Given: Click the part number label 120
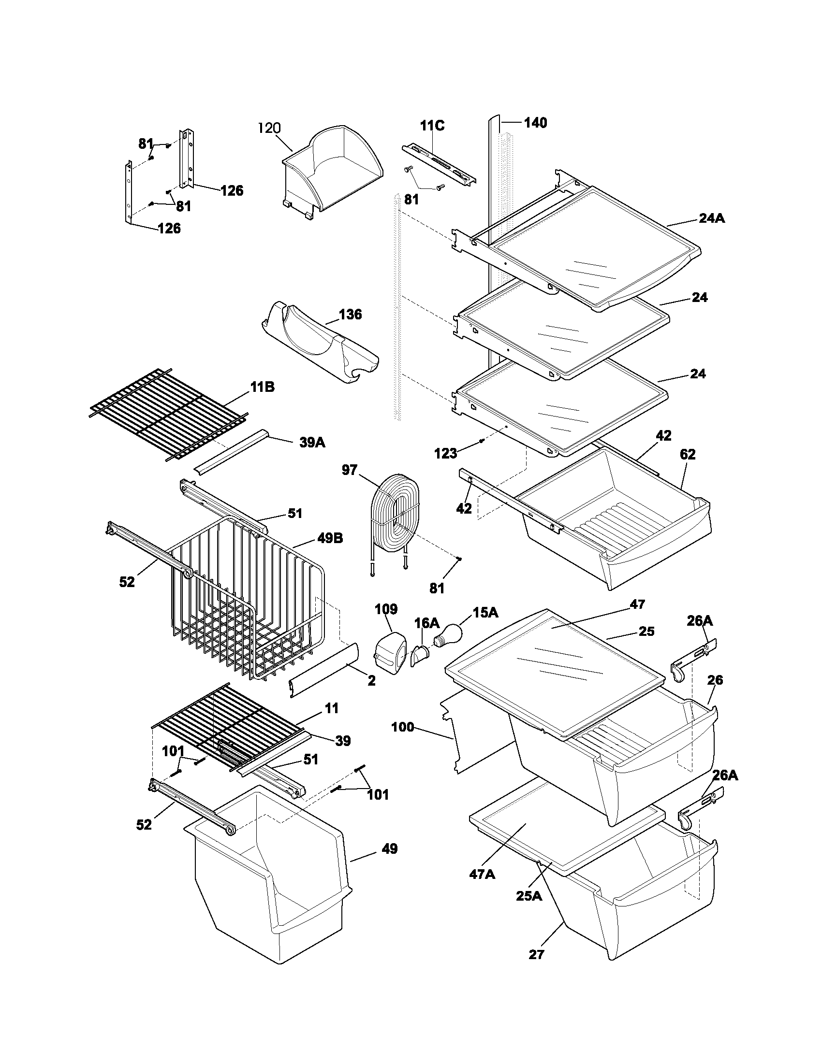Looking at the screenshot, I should click(269, 128).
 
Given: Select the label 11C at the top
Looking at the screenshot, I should click(432, 126).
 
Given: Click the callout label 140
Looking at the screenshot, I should click(535, 123).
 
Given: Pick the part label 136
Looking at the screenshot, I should click(350, 315).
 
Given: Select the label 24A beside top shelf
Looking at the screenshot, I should click(711, 218).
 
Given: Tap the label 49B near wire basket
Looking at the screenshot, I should click(330, 538).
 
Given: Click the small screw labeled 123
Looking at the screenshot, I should click(481, 441).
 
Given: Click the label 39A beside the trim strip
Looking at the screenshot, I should click(312, 443).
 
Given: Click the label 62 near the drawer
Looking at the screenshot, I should click(688, 455).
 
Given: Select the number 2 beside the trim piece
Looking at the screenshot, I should click(371, 681).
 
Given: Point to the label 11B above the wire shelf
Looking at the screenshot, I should click(263, 388).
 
